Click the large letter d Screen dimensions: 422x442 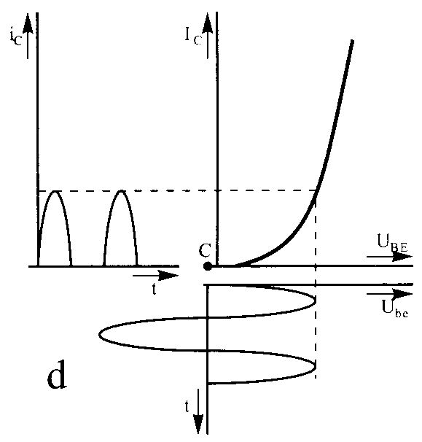57,375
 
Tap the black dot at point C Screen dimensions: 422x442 208,266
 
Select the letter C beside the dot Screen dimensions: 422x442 205,250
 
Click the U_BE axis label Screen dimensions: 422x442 392,244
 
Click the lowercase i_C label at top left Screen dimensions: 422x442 15,38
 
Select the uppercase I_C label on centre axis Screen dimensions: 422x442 193,36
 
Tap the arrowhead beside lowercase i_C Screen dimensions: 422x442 28,24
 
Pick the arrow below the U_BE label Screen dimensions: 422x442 389,257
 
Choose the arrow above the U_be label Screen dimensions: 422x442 389,294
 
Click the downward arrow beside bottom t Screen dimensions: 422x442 198,411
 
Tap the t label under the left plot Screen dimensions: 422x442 154,290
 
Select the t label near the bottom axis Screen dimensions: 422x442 187,406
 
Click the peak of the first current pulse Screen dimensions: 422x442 55,191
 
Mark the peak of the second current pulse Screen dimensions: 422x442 121,191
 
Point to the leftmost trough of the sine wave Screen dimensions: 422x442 100,335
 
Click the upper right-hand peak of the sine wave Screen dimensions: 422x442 315,301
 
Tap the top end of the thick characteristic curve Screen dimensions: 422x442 352,41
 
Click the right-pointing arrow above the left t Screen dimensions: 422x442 155,276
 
